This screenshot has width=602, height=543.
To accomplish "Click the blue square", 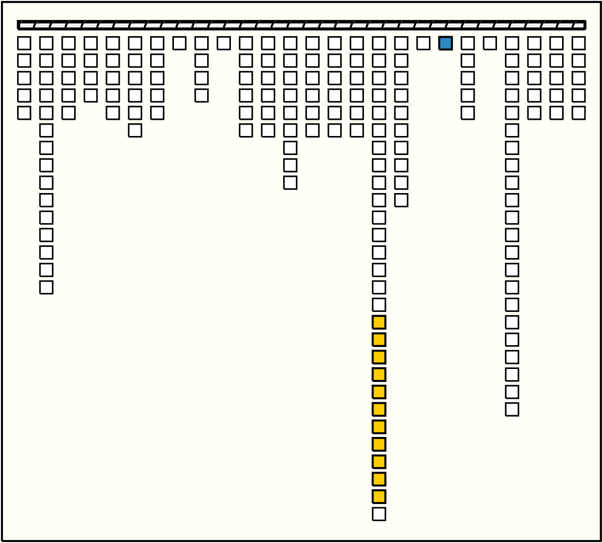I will [445, 43].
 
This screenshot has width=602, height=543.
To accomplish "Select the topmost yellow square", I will [379, 322].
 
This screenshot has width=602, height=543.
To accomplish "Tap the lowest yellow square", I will [379, 496].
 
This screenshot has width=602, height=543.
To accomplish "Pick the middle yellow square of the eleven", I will [379, 409].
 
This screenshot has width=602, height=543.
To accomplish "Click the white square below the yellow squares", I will [379, 514].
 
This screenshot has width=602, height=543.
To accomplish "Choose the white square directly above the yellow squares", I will [379, 305].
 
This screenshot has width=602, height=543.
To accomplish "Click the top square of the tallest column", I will [379, 43].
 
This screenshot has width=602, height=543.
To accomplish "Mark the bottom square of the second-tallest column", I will [512, 409].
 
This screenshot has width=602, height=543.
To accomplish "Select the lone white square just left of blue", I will [423, 43].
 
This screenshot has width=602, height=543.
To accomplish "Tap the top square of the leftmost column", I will [24, 43].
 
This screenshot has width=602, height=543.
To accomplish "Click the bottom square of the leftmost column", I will [24, 113].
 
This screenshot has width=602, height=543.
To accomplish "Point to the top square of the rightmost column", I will [578, 43].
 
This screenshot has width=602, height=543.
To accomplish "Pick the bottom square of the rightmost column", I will [578, 113].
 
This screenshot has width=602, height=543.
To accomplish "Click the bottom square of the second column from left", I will [46, 287].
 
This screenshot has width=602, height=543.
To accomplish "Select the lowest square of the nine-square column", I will [290, 183].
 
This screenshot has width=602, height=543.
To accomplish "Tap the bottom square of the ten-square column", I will [401, 200].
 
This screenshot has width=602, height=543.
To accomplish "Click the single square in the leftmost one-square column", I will [179, 43].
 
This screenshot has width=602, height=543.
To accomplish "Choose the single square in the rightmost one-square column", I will [489, 43].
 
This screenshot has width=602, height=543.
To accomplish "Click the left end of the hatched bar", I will [19, 25].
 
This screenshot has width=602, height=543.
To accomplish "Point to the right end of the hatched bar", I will [584, 25].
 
